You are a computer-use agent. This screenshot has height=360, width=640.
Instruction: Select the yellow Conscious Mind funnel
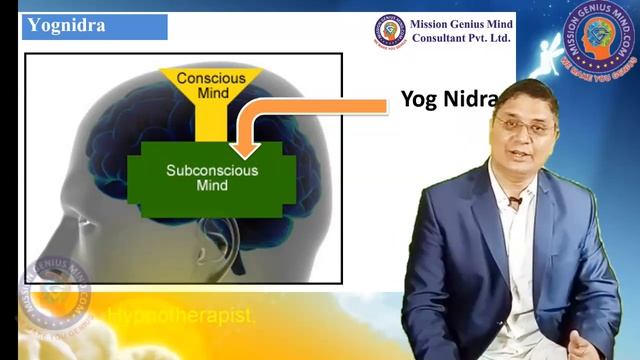click(210, 94)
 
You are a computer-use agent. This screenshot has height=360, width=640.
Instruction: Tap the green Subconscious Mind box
click(212, 178)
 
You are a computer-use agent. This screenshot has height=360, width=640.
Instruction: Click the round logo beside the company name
click(390, 30)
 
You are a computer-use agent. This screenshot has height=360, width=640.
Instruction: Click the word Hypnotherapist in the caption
click(181, 316)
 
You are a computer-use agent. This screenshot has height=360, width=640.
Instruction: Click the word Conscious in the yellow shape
click(211, 78)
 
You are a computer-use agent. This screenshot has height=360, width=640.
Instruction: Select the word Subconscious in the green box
click(212, 170)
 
